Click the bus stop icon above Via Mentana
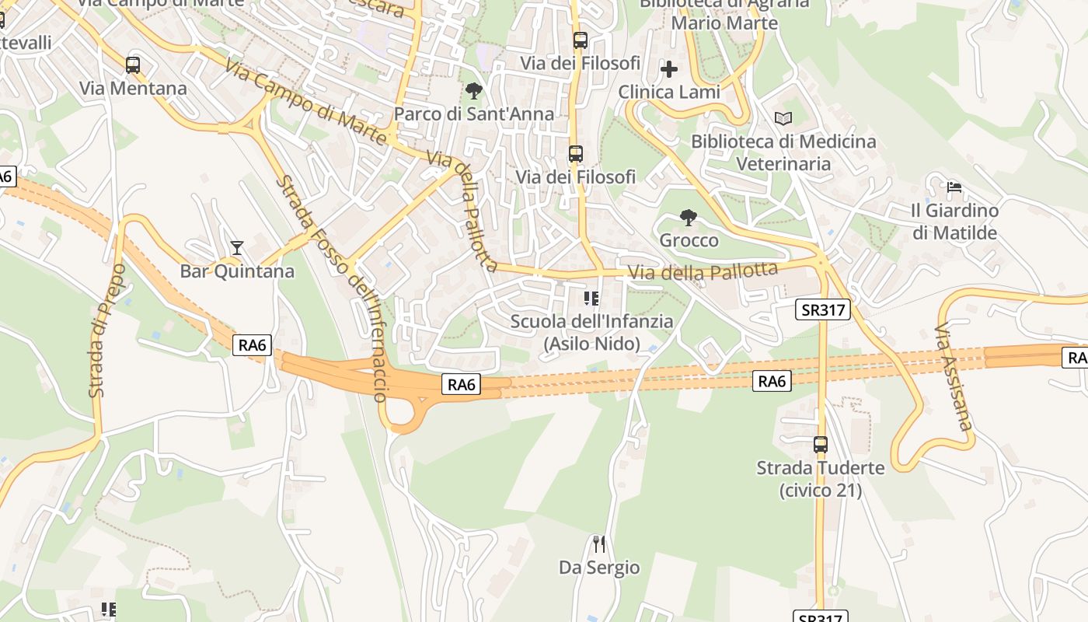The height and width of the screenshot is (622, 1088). coord(133,65)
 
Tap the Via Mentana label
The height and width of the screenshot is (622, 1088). coord(133,89)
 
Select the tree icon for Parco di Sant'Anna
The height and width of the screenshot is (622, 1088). coord(473,91)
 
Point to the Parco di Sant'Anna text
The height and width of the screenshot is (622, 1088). coord(474,114)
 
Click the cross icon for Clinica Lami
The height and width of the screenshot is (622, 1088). coord(668,69)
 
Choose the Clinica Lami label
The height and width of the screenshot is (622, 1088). coord(668,93)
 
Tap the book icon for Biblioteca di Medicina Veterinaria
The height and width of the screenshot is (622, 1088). coord(783,118)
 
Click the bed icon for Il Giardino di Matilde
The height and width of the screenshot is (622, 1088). coord(954,187)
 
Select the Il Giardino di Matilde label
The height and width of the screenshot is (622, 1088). coord(954,222)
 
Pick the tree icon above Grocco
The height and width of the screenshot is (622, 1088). coord(688,217)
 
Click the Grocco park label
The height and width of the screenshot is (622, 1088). coord(689,240)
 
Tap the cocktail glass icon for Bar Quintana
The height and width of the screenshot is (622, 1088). coord(237,248)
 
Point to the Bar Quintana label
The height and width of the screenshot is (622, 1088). coord(237,271)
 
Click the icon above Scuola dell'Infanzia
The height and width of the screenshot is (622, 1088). coord(591,298)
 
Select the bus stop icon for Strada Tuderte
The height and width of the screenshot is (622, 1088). coord(821,445)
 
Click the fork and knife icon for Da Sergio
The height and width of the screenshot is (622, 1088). coord(598,543)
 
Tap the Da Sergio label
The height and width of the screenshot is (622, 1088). coord(599,568)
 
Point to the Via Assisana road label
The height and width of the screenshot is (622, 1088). coord(954,376)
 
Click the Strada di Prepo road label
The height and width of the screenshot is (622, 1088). coord(107,330)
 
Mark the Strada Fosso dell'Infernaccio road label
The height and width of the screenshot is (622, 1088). coord(333,288)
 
